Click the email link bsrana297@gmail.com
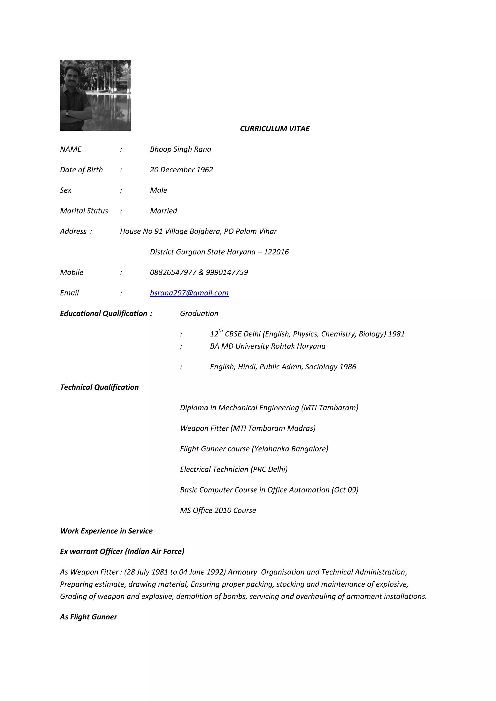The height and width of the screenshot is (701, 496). (x=189, y=293)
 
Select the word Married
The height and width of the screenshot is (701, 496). (x=163, y=211)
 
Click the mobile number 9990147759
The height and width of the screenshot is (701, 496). (x=227, y=272)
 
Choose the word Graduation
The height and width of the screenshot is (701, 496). (x=199, y=313)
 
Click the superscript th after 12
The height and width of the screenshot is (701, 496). (x=221, y=331)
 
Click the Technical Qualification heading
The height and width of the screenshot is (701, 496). (x=99, y=387)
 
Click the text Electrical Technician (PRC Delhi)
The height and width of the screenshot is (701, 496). (x=234, y=469)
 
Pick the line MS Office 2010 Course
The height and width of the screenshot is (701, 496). (x=218, y=511)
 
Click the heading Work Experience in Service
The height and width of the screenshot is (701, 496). (x=106, y=531)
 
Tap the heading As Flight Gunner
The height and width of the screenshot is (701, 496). (x=88, y=617)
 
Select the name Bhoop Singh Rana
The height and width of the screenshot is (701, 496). (x=180, y=149)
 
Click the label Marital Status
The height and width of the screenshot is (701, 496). (x=84, y=211)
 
